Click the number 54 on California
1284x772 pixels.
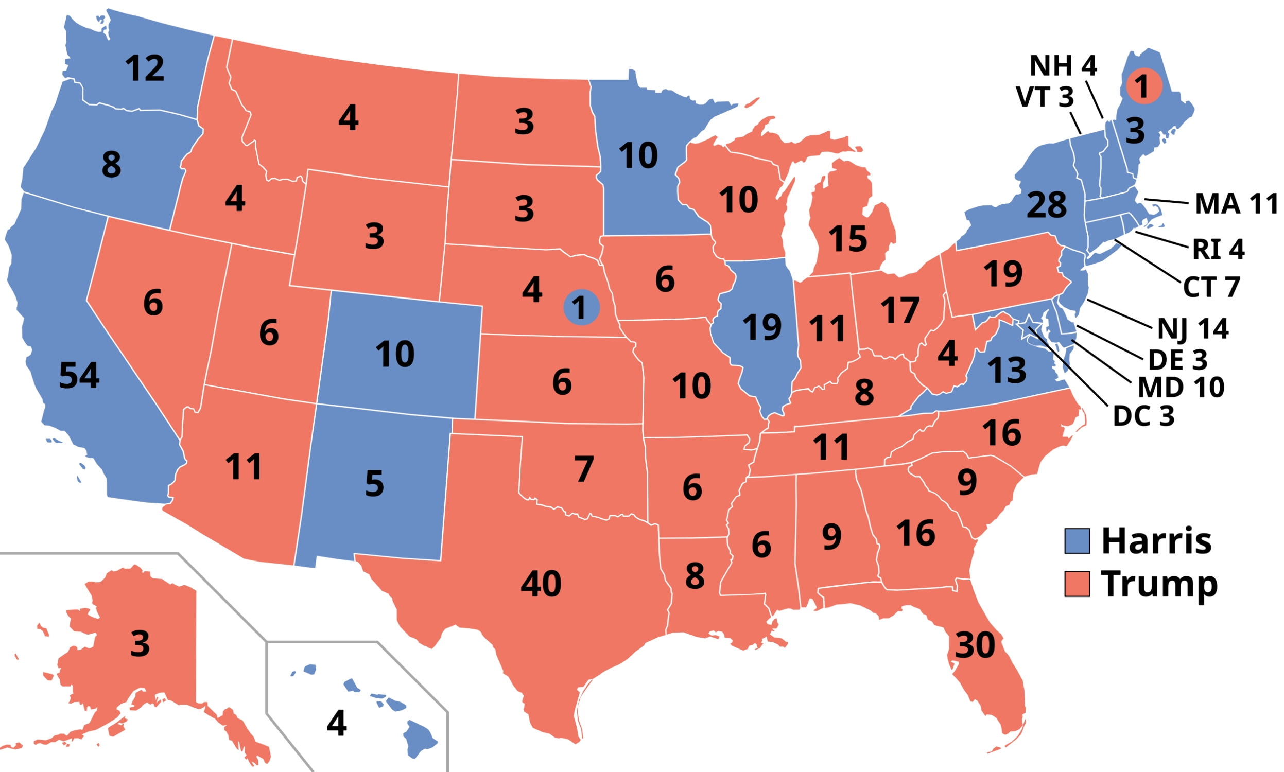click(79, 376)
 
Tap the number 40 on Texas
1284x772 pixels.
click(541, 584)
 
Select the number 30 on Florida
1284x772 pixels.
click(975, 645)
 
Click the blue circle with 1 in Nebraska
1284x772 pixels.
click(581, 307)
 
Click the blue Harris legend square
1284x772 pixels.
click(1077, 541)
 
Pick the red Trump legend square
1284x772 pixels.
click(1077, 584)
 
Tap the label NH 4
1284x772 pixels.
click(1063, 66)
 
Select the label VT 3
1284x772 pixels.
click(1045, 97)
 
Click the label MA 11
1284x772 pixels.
click(1236, 204)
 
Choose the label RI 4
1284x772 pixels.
click(1219, 249)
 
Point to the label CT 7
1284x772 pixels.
click(1212, 287)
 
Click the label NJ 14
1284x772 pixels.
click(1192, 329)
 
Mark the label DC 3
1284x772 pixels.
click(1143, 416)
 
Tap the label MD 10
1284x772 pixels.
click(1181, 387)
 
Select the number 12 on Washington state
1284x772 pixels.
click(145, 68)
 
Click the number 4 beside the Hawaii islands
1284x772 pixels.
click(337, 723)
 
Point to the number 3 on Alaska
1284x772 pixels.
click(140, 644)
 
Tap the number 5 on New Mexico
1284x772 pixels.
click(375, 483)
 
